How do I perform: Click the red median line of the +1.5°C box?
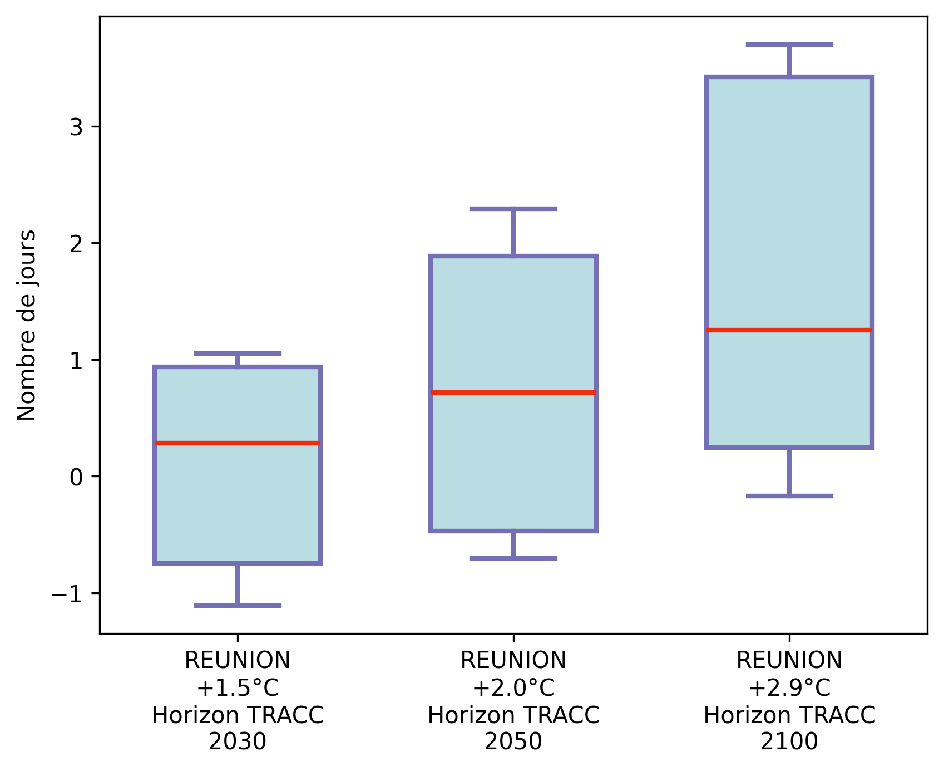click(x=238, y=443)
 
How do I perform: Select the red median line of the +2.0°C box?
click(x=513, y=392)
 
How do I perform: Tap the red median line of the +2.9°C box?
click(x=789, y=330)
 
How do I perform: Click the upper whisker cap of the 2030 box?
click(x=238, y=353)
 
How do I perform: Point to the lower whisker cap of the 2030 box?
click(x=238, y=605)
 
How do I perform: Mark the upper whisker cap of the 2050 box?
click(x=513, y=209)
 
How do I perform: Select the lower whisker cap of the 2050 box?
click(x=513, y=558)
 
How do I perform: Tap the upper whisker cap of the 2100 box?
click(x=789, y=45)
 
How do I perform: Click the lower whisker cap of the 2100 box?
click(x=789, y=495)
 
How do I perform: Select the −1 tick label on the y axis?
click(x=67, y=593)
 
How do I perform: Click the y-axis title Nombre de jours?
click(x=27, y=325)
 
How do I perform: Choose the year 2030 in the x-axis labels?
click(x=238, y=741)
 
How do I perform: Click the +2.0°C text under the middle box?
click(x=513, y=688)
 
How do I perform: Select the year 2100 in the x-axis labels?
click(x=789, y=741)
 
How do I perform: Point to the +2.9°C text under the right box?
click(x=789, y=688)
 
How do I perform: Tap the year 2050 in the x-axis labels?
click(x=513, y=741)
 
